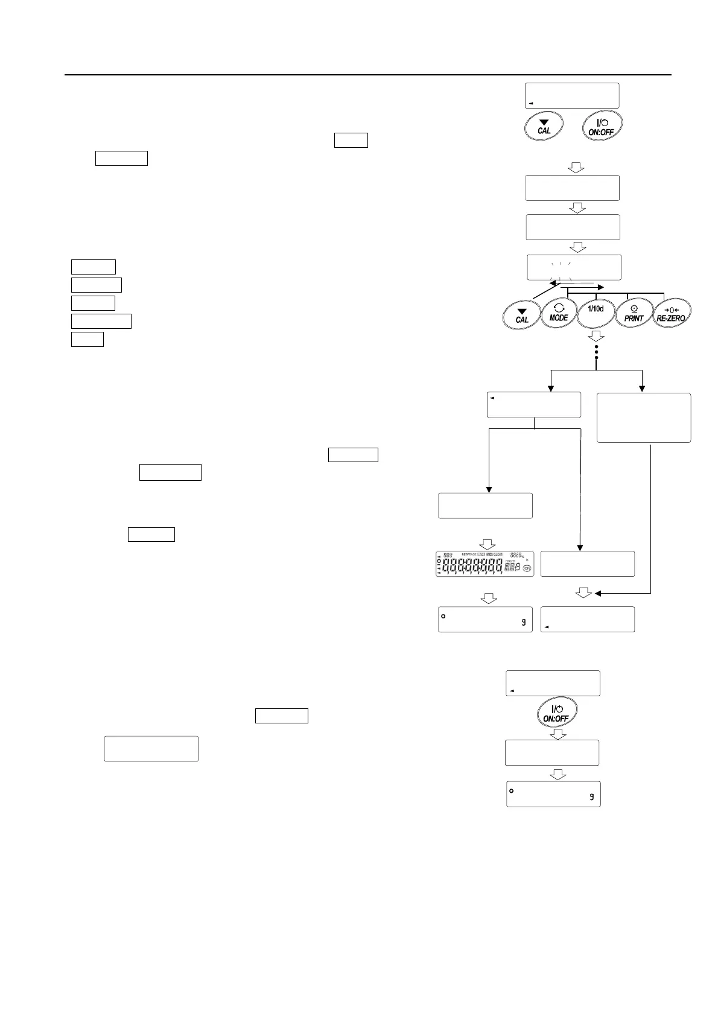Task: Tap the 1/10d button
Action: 596,311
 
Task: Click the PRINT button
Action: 634,313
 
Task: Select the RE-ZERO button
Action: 672,313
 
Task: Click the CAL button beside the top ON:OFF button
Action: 544,127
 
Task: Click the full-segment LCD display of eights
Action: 484,564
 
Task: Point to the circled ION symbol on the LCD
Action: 527,568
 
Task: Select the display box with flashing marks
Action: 574,267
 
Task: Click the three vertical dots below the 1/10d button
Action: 596,352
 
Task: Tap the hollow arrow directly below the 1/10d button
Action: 596,335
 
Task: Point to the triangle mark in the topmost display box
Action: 530,104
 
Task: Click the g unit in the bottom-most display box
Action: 592,797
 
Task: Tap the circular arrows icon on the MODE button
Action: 559,307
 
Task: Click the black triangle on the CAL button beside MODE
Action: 523,311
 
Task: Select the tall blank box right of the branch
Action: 644,418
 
